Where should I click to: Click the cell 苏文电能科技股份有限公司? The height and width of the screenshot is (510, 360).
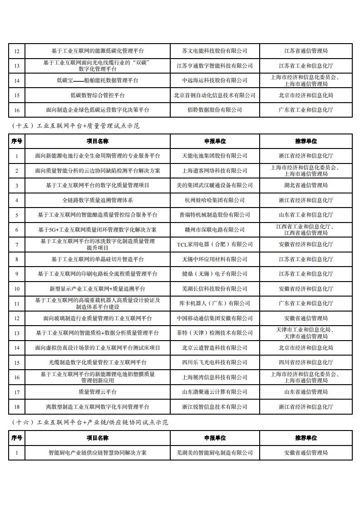point(215,51)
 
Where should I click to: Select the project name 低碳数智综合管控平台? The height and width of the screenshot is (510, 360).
point(98,95)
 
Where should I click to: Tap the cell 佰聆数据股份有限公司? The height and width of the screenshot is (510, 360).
point(215,110)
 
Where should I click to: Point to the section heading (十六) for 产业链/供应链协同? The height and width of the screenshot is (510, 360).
point(88,422)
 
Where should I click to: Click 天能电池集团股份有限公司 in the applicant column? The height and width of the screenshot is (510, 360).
point(215,156)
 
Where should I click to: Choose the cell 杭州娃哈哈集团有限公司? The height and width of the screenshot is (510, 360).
point(215,200)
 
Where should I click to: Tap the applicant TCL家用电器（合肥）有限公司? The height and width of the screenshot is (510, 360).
point(215,244)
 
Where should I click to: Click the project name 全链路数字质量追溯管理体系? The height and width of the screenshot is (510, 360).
point(98,200)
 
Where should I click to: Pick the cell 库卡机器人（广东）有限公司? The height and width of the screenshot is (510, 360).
point(215,303)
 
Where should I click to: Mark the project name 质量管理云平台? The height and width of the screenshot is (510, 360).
point(98,392)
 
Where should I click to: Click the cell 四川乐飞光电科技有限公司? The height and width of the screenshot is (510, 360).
point(215,362)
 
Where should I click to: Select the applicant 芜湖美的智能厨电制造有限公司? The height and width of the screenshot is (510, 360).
point(215,452)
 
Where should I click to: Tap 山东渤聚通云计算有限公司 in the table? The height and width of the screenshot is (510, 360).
point(215,392)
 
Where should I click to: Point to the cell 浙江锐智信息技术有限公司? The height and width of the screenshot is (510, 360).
point(215,407)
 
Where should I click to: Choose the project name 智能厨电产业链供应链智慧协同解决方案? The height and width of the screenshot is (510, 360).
point(98,452)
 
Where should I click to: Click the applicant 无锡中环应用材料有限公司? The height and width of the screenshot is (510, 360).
point(215,259)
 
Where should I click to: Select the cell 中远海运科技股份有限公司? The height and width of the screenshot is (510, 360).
point(215,80)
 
